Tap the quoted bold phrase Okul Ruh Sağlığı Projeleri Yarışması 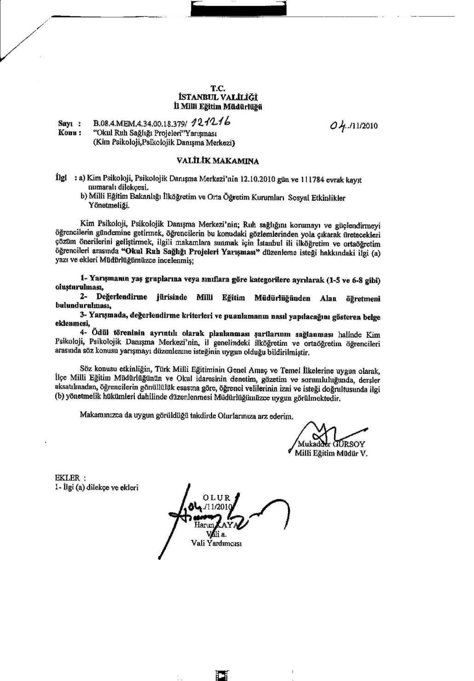click(x=189, y=252)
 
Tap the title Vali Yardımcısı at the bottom click(x=216, y=543)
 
